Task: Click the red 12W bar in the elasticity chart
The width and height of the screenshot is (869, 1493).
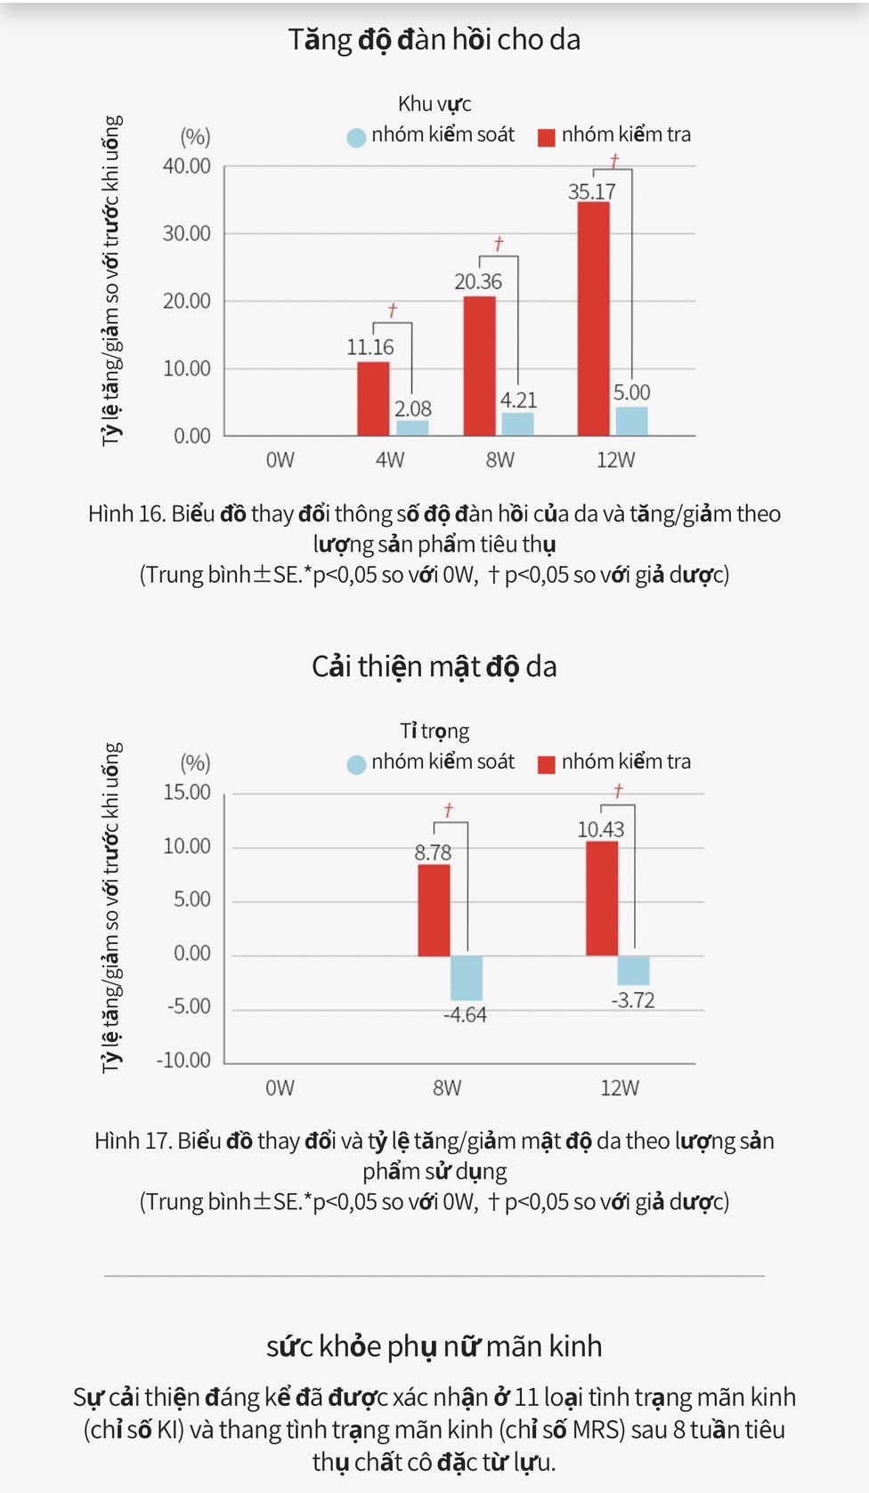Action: (x=593, y=319)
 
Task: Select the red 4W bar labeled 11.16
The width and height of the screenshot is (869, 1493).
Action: (x=373, y=399)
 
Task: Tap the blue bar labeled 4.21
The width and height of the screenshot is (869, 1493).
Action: (x=517, y=424)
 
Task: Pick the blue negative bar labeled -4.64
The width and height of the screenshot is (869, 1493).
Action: (x=466, y=978)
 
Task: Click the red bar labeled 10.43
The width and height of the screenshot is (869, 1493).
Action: (x=602, y=898)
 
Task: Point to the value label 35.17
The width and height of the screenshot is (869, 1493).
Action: (x=592, y=191)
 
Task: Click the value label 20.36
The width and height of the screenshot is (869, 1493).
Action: (x=478, y=282)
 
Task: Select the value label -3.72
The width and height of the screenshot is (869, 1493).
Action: (x=633, y=1000)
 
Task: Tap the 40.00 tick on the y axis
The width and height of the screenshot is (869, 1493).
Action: (x=186, y=166)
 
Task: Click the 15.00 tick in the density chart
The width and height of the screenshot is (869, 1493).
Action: (x=186, y=792)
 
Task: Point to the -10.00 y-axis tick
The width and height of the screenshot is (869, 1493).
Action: (x=183, y=1060)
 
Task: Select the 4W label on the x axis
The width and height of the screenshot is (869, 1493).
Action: (x=390, y=460)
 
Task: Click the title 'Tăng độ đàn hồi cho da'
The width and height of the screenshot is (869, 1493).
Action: (x=434, y=39)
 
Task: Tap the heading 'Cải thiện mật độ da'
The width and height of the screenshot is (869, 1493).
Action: (x=434, y=666)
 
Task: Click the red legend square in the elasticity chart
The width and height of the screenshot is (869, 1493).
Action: (x=547, y=136)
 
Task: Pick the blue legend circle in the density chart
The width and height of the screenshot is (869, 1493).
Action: (x=356, y=764)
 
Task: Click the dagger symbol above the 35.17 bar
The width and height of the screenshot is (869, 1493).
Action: (x=614, y=161)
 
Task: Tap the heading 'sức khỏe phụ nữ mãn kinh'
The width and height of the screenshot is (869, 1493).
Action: (x=434, y=1346)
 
